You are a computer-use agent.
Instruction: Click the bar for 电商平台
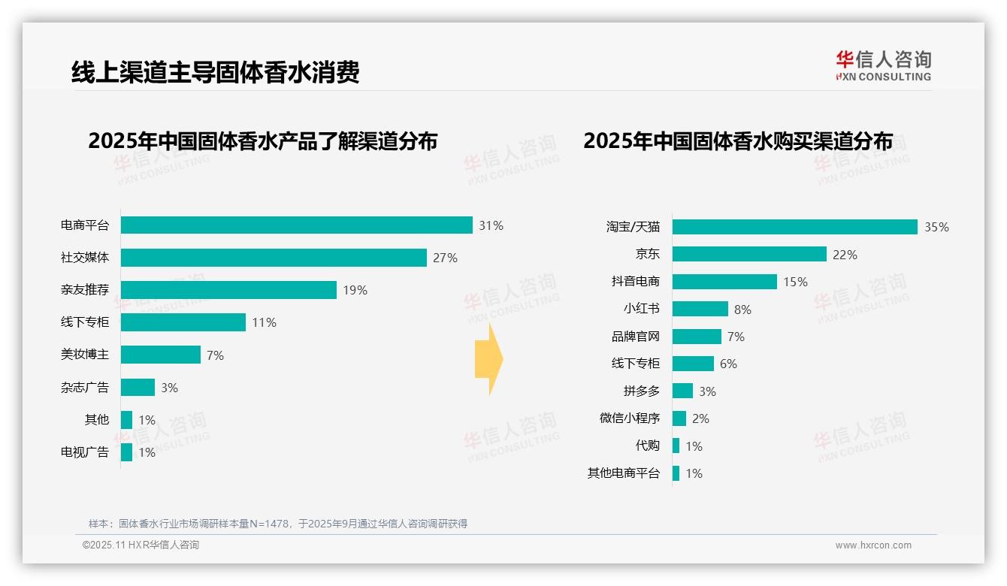point(296,225)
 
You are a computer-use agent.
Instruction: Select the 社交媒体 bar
point(274,258)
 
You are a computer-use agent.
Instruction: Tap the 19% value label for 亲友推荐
point(355,290)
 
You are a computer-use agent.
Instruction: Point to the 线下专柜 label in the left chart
point(85,322)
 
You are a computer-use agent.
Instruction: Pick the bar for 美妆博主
point(161,355)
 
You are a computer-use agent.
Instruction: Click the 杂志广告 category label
point(85,388)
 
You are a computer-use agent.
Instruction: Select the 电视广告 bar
point(126,452)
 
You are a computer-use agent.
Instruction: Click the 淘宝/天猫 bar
point(794,227)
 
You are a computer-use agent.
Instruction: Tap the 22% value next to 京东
point(845,255)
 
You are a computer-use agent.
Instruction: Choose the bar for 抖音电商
point(724,282)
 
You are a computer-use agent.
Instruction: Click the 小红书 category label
point(641,309)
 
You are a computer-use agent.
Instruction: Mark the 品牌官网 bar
point(697,337)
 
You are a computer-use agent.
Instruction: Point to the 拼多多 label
point(641,391)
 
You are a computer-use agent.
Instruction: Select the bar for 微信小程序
point(679,418)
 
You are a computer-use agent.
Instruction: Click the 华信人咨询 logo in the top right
point(883,65)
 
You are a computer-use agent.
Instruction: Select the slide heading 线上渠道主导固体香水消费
point(216,72)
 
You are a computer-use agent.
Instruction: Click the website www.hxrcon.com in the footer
point(873,545)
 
